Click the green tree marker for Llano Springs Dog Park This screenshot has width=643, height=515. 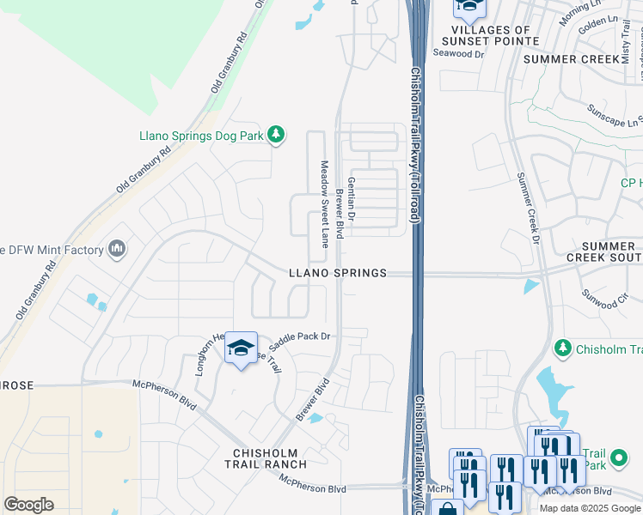(x=276, y=135)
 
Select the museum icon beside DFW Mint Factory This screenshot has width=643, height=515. (x=117, y=250)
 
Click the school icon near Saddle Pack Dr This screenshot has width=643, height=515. (x=242, y=348)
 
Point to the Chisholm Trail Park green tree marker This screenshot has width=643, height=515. (x=563, y=348)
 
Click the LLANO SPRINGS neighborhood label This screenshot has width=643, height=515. (x=337, y=273)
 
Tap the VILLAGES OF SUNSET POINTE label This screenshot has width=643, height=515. (x=490, y=34)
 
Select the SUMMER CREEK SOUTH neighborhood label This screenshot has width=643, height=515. (x=604, y=251)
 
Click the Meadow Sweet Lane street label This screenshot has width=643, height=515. (x=325, y=203)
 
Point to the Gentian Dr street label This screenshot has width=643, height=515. (x=352, y=204)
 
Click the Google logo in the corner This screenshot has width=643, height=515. (x=28, y=505)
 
